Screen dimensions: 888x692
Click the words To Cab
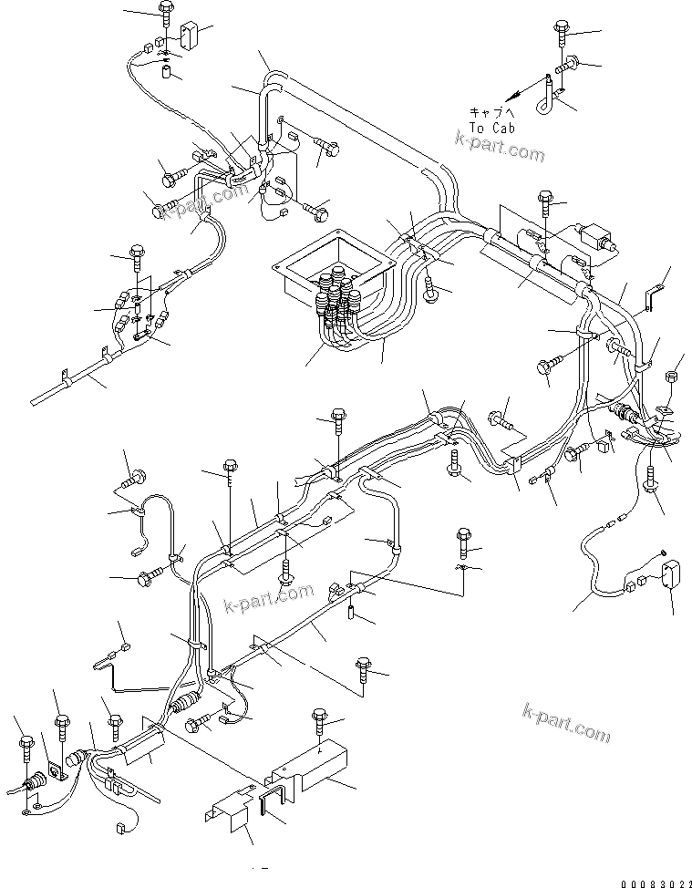492,128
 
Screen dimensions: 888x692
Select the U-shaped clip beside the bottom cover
263,803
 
